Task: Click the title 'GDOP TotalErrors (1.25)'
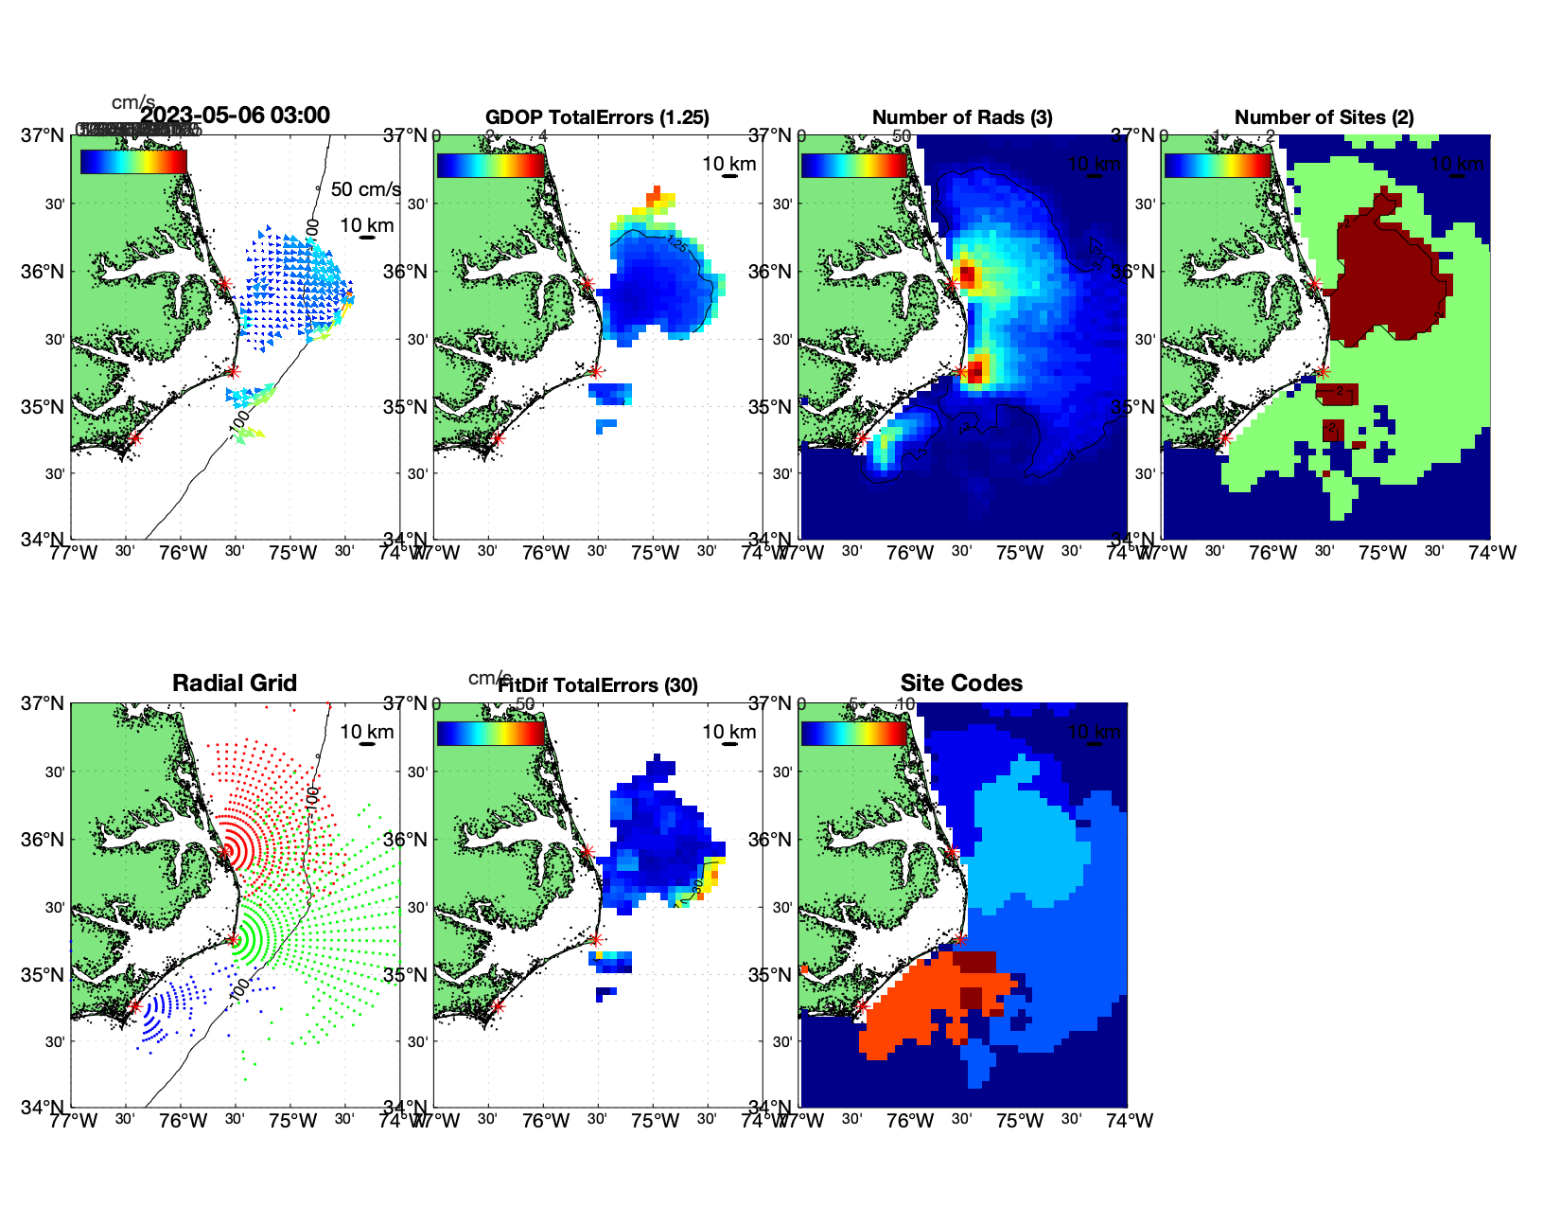click(x=597, y=117)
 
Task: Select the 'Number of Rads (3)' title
click(x=962, y=117)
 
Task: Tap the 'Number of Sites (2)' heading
click(x=1324, y=117)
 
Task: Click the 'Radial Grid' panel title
click(x=235, y=683)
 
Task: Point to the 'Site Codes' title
click(x=961, y=683)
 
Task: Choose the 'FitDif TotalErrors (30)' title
click(x=598, y=685)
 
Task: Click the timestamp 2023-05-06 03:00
click(x=236, y=115)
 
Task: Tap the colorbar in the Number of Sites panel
click(x=1218, y=165)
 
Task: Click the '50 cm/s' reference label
click(x=365, y=189)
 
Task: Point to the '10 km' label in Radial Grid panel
click(x=367, y=732)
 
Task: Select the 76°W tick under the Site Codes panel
click(x=910, y=1121)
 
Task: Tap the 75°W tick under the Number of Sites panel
click(x=1382, y=553)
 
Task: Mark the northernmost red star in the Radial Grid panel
click(x=225, y=852)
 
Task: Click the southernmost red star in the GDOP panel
click(x=498, y=438)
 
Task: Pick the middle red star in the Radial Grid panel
click(x=233, y=939)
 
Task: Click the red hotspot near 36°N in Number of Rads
click(x=967, y=275)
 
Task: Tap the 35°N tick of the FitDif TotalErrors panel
click(x=409, y=975)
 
